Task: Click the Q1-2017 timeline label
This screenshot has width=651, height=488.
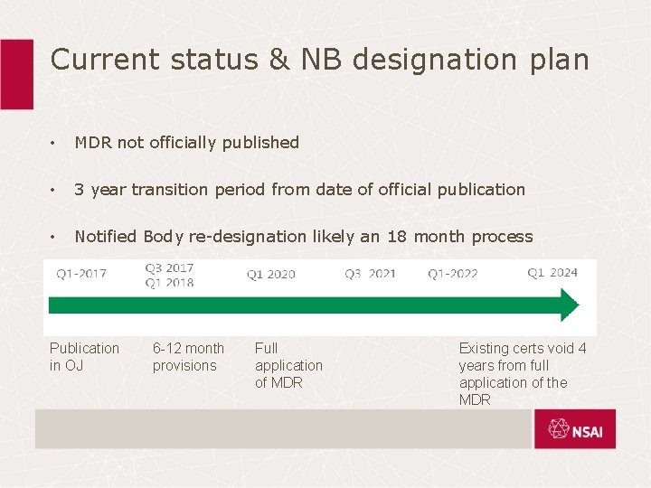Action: point(81,274)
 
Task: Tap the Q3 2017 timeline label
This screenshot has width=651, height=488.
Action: point(169,268)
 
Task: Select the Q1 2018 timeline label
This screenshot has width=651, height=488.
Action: point(169,282)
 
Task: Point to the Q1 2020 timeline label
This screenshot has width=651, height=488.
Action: point(271,274)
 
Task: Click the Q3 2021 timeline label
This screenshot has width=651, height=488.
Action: point(370,273)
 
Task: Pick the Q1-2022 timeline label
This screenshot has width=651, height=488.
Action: point(453,274)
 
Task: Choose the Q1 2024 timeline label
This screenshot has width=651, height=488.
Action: point(552,273)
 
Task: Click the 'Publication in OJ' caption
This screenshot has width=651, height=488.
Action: point(84,356)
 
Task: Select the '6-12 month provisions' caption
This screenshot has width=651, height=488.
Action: point(188,356)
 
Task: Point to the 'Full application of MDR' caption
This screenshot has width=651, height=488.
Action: point(288,365)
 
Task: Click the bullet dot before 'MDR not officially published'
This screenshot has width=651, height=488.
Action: point(55,143)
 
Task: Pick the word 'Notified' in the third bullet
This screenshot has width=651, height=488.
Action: point(106,236)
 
